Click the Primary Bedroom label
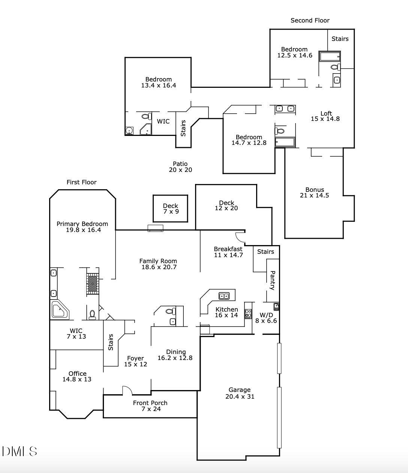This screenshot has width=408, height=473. click(82, 224)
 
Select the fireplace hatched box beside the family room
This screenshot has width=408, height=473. click(92, 284)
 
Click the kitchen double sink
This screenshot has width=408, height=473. click(224, 296)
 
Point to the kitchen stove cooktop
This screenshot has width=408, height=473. click(248, 313)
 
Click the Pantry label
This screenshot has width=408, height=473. click(273, 280)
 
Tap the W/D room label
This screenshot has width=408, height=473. click(266, 315)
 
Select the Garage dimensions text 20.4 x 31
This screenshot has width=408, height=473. click(240, 396)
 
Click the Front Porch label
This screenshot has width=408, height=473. click(150, 403)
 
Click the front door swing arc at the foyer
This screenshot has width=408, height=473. click(127, 390)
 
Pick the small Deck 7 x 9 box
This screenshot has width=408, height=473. click(171, 208)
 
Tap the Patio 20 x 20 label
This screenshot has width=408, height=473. click(180, 167)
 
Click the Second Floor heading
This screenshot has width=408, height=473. click(310, 20)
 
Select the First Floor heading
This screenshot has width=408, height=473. click(81, 182)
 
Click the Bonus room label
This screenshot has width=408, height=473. click(314, 190)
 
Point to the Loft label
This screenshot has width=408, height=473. click(326, 113)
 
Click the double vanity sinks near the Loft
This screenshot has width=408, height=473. click(285, 109)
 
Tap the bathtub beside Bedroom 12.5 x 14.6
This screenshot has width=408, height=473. click(330, 56)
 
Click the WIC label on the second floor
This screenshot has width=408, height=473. click(163, 121)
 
